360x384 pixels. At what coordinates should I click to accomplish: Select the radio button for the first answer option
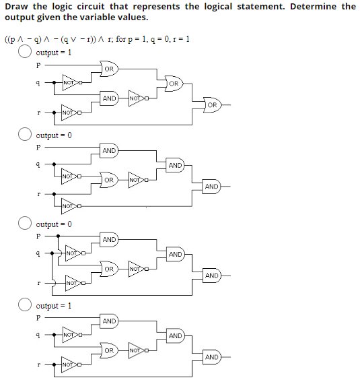[x=26, y=53]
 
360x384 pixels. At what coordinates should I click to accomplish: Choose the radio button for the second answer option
[x=26, y=136]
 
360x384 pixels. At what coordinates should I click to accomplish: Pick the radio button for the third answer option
[x=26, y=224]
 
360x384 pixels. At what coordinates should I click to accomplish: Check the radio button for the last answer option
[x=26, y=306]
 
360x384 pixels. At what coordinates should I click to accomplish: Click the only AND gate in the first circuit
[x=109, y=98]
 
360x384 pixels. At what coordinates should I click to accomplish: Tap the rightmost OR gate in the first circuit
[x=211, y=105]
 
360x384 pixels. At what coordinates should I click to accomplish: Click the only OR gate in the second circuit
[x=109, y=181]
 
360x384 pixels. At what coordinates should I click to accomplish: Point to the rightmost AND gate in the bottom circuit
[x=211, y=357]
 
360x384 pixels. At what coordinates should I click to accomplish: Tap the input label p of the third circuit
[x=38, y=237]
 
